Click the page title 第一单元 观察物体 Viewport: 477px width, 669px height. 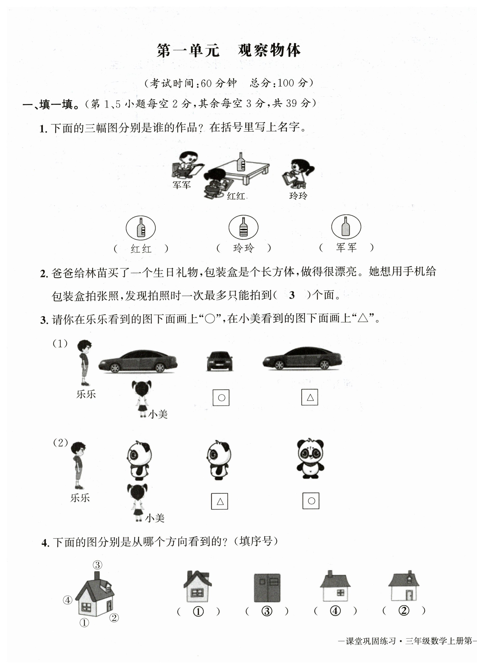(229, 51)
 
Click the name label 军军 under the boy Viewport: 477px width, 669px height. (181, 185)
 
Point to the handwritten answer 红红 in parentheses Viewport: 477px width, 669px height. (141, 249)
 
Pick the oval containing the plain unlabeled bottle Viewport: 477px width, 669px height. (346, 227)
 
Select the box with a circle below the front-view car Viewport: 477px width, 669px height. (221, 398)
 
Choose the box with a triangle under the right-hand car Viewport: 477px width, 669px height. (310, 397)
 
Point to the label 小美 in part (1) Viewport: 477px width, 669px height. (158, 414)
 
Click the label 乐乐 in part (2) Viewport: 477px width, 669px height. (80, 498)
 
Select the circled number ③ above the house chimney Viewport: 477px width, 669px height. (98, 564)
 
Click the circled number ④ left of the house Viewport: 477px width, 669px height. (67, 600)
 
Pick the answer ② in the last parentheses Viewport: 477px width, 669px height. (404, 610)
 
